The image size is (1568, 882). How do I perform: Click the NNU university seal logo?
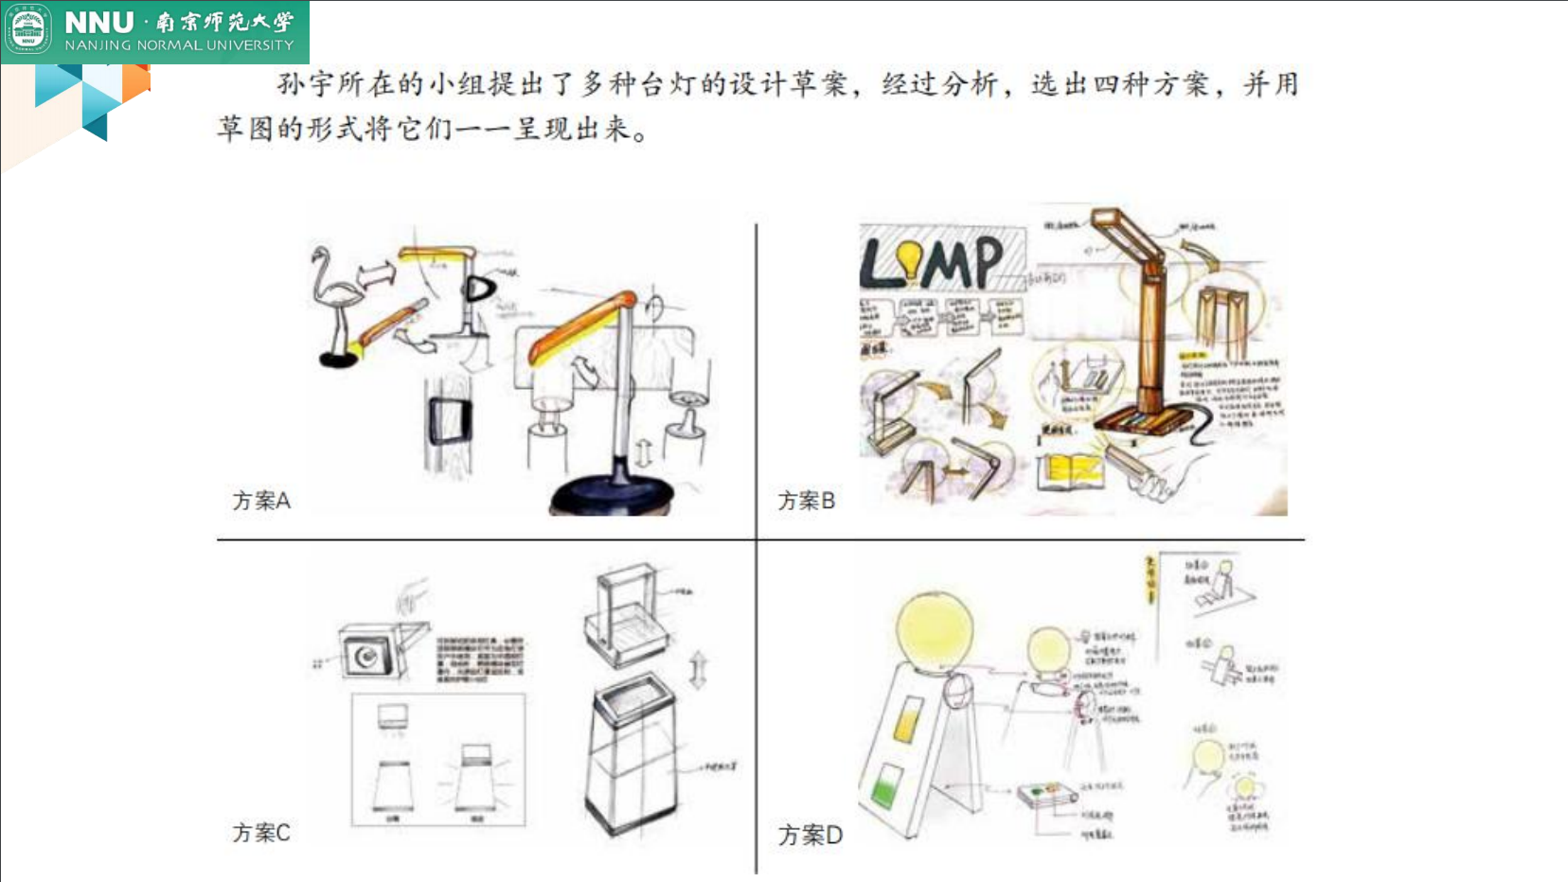(x=27, y=30)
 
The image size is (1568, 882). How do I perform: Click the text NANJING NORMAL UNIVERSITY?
(x=179, y=45)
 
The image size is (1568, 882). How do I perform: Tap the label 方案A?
(x=261, y=501)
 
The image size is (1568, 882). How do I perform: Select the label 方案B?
(x=806, y=501)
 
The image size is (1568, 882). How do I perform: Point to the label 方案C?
(x=261, y=833)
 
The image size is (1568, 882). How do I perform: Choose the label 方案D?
(x=810, y=835)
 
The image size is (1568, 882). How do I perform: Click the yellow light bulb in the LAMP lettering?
(x=910, y=260)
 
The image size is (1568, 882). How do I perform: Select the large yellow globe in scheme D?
(x=934, y=631)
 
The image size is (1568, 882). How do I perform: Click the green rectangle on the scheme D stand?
(x=886, y=786)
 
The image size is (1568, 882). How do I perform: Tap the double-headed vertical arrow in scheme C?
(x=698, y=670)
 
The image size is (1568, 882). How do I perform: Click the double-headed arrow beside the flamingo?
(x=376, y=274)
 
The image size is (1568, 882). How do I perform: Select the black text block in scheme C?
(x=479, y=659)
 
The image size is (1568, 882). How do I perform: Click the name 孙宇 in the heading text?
(x=305, y=84)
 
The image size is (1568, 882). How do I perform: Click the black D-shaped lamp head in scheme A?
(x=479, y=289)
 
